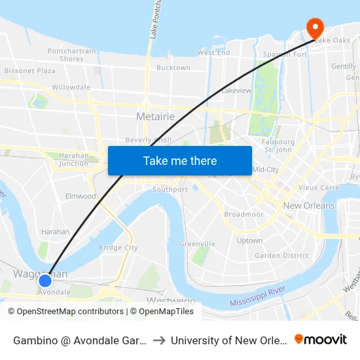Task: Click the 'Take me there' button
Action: tap(180, 160)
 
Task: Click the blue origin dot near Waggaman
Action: tap(45, 281)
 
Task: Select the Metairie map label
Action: tap(156, 117)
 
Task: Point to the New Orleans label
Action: tap(308, 206)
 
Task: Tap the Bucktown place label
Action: tap(173, 67)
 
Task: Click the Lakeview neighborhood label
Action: tap(236, 90)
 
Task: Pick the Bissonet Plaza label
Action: tap(29, 71)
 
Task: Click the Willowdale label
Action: tap(71, 86)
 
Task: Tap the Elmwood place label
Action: tap(81, 196)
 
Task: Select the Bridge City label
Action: tap(118, 247)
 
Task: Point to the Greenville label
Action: tap(197, 243)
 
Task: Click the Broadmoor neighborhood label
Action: tap(243, 215)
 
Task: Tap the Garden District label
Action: tap(281, 255)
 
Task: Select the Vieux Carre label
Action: tap(319, 187)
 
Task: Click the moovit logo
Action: tap(321, 339)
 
